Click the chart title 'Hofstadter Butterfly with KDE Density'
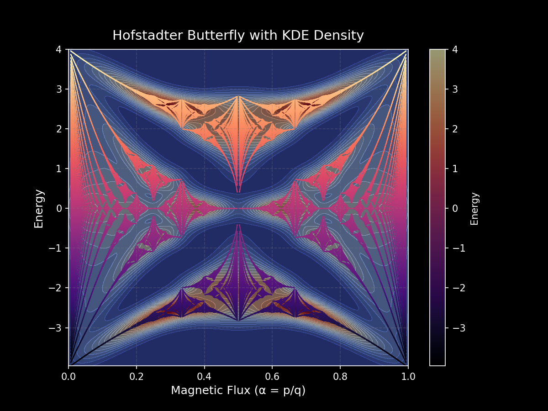(238, 36)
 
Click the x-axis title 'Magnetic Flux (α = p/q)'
(238, 391)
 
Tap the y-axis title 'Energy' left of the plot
(39, 208)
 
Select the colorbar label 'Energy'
(475, 208)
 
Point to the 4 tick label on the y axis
(60, 49)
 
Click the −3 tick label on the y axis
(57, 328)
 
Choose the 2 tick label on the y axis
(60, 129)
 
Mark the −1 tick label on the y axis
(57, 248)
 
